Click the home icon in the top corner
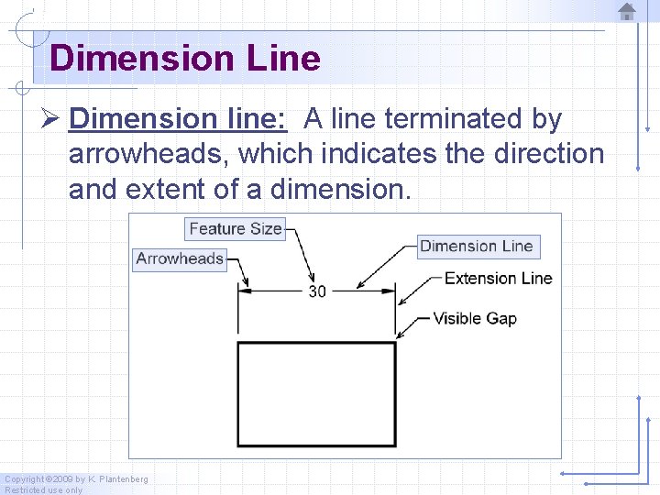627,12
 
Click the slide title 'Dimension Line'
185,59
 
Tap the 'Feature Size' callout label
236,228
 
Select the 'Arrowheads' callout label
180,258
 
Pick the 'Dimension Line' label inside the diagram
476,246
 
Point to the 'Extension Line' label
498,278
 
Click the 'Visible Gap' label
474,319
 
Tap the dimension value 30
316,291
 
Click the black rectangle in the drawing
316,393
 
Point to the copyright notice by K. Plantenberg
76,479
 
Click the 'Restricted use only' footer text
43,489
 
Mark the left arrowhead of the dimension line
244,291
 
